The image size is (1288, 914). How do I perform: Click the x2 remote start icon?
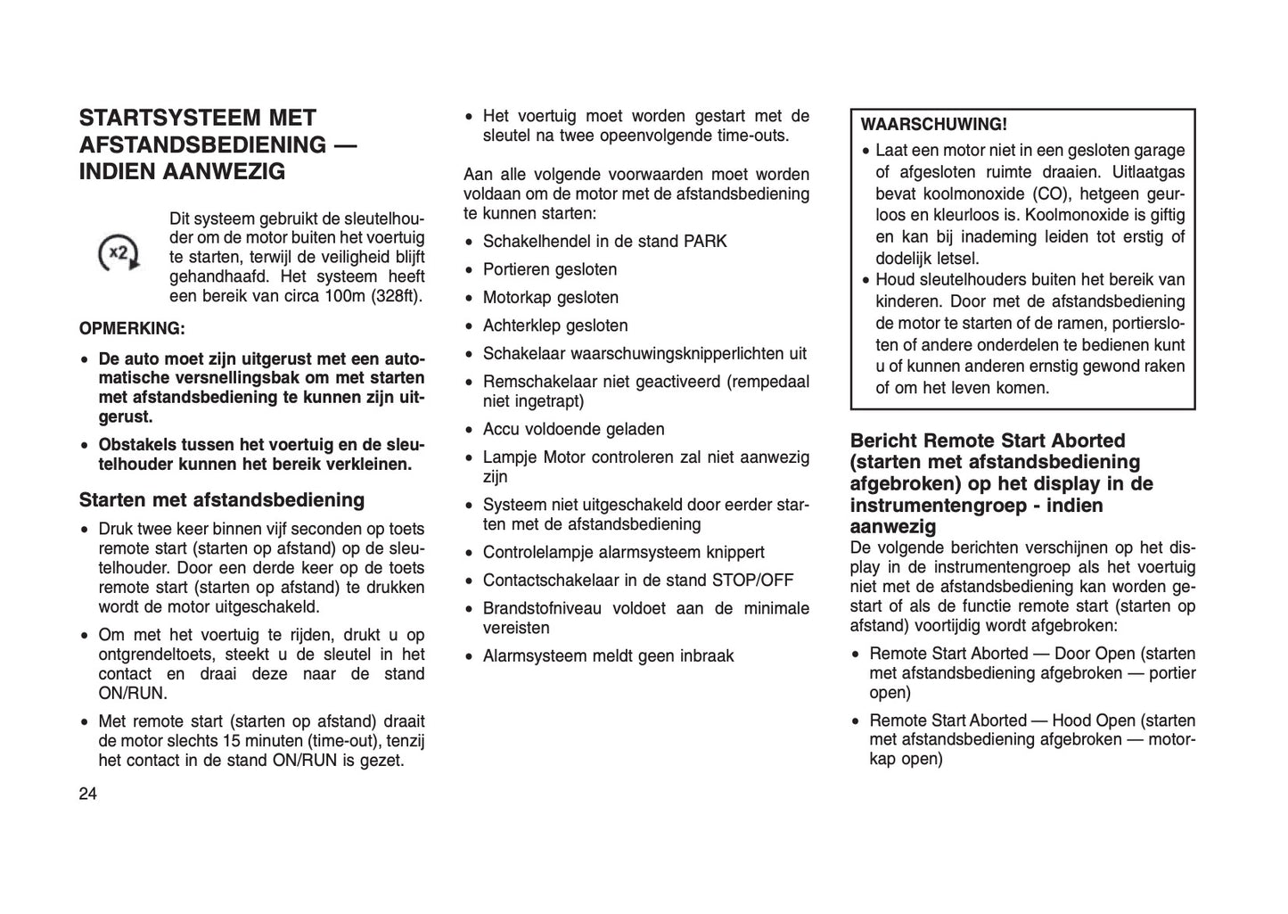[119, 253]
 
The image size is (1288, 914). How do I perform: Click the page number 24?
[87, 795]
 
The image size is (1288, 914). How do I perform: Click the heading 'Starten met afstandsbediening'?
[222, 499]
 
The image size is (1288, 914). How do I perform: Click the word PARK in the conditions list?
[705, 242]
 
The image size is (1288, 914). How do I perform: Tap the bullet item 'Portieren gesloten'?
[549, 269]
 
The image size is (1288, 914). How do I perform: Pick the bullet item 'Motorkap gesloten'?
[550, 298]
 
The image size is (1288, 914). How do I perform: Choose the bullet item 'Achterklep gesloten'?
[554, 325]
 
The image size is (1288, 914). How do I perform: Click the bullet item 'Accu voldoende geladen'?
[573, 429]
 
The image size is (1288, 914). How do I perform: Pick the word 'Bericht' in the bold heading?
[884, 441]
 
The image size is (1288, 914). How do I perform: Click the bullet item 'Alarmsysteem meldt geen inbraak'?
[608, 656]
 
